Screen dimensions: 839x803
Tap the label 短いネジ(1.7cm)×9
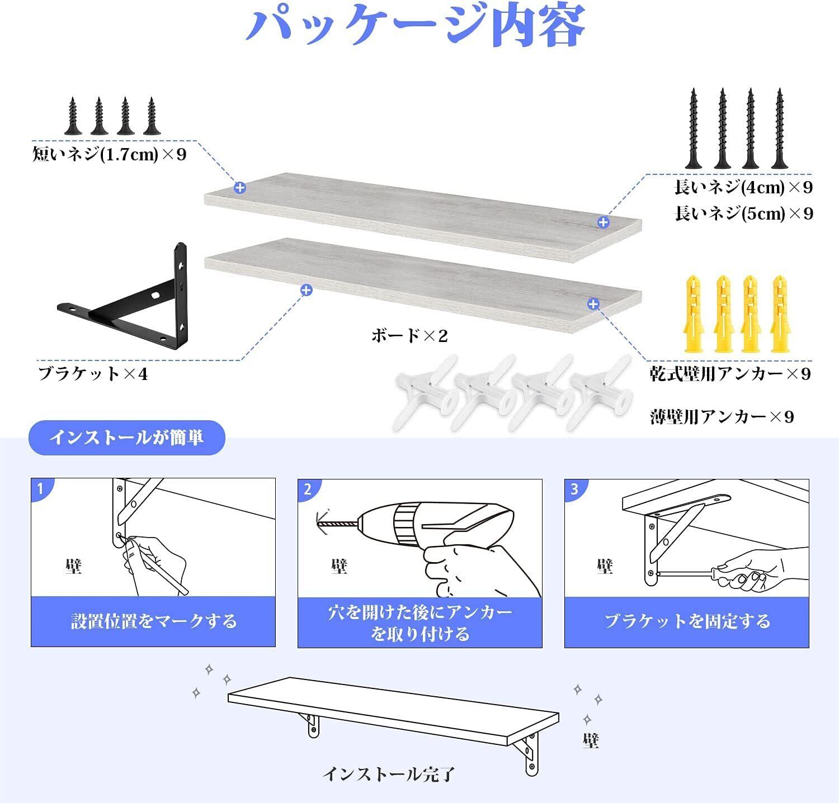(110, 154)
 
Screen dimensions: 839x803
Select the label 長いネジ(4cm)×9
(743, 187)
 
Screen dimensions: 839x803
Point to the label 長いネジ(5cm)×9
(743, 213)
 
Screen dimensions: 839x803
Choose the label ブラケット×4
(93, 373)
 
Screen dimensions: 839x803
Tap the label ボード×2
(409, 335)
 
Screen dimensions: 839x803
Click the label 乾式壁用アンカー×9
(730, 373)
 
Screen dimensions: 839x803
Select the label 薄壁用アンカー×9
(722, 416)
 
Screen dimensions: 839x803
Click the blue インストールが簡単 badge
(126, 437)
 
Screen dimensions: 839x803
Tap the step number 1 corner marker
(40, 490)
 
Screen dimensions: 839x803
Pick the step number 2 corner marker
(307, 490)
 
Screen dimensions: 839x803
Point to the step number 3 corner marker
(574, 490)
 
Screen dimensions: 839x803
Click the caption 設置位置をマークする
(153, 621)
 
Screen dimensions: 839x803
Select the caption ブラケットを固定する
(687, 621)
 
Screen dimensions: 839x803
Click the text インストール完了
(389, 774)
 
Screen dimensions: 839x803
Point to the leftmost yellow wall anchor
(693, 313)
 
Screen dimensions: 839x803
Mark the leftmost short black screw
(73, 116)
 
